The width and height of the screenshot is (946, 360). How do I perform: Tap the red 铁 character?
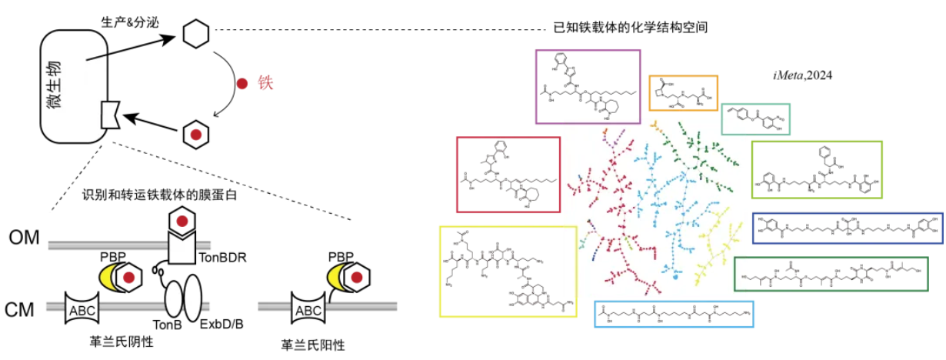tap(267, 82)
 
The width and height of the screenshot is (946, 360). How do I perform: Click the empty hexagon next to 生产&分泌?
tap(195, 33)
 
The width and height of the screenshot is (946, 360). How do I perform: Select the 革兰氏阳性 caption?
tap(309, 342)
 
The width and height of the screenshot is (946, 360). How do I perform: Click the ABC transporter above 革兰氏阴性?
tap(84, 309)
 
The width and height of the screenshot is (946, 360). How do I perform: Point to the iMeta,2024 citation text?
tap(802, 75)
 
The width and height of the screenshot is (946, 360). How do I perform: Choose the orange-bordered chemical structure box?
tap(683, 96)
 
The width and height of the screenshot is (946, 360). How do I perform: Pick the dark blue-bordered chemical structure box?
tap(847, 228)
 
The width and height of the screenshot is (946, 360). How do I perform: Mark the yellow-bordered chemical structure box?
tap(508, 272)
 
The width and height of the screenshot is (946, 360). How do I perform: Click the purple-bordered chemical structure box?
tap(588, 86)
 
